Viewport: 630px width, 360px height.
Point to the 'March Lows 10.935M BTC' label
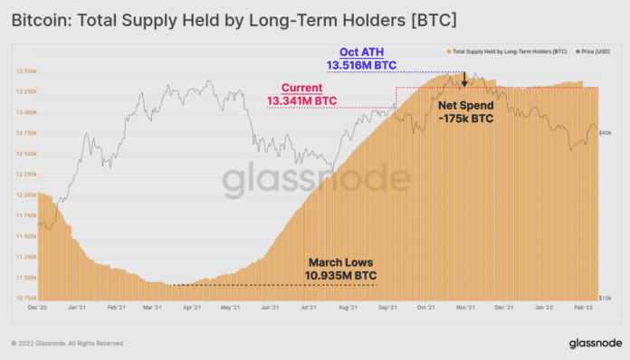(x=340, y=268)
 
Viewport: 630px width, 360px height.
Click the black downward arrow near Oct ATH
(x=463, y=81)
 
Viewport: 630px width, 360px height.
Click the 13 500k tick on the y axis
(x=24, y=71)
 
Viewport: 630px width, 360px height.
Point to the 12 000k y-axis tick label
(x=24, y=194)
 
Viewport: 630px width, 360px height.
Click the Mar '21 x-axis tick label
(x=152, y=308)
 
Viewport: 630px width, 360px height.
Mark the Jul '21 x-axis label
(x=308, y=308)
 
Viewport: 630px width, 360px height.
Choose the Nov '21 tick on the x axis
(x=466, y=308)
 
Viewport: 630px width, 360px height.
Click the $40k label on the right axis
(x=606, y=133)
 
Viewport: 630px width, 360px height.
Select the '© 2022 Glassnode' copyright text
(x=68, y=344)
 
